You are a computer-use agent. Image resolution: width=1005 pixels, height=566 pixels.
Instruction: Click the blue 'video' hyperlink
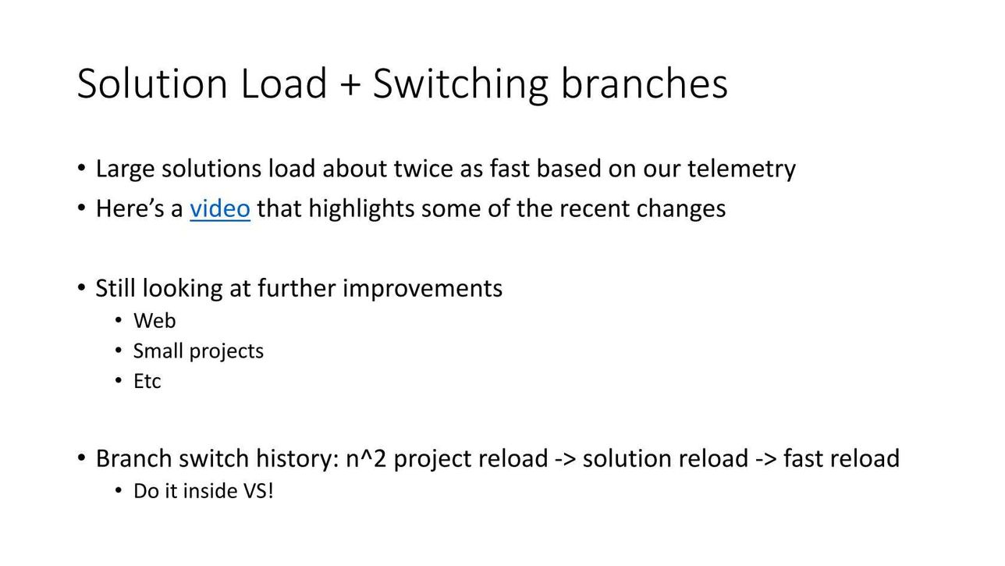pyautogui.click(x=220, y=208)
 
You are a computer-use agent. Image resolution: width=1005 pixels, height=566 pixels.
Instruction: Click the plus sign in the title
pyautogui.click(x=350, y=84)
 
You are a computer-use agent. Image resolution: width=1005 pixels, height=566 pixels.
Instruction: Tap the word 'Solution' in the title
pyautogui.click(x=152, y=84)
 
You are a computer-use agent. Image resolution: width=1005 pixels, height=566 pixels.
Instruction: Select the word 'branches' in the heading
pyautogui.click(x=645, y=84)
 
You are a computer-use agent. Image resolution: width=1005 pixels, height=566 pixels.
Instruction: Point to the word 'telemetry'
pyautogui.click(x=741, y=169)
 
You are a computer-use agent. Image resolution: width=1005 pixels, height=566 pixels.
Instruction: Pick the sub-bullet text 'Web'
pyautogui.click(x=154, y=321)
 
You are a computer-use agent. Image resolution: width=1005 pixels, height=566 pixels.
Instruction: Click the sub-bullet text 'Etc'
pyautogui.click(x=147, y=381)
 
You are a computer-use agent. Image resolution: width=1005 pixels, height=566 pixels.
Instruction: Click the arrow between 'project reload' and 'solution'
pyautogui.click(x=565, y=459)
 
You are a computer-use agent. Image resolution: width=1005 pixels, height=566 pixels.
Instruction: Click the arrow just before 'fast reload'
pyautogui.click(x=766, y=459)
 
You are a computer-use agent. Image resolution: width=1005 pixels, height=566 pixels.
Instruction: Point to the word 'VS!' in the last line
pyautogui.click(x=258, y=491)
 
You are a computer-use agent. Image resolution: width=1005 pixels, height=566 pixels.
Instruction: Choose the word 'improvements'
pyautogui.click(x=423, y=289)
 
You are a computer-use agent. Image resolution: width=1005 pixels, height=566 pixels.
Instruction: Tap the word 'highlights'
pyautogui.click(x=361, y=209)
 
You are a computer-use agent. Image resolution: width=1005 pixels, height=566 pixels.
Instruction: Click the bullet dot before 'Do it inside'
pyautogui.click(x=119, y=491)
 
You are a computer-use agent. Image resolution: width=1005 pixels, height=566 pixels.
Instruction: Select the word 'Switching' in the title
pyautogui.click(x=460, y=84)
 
